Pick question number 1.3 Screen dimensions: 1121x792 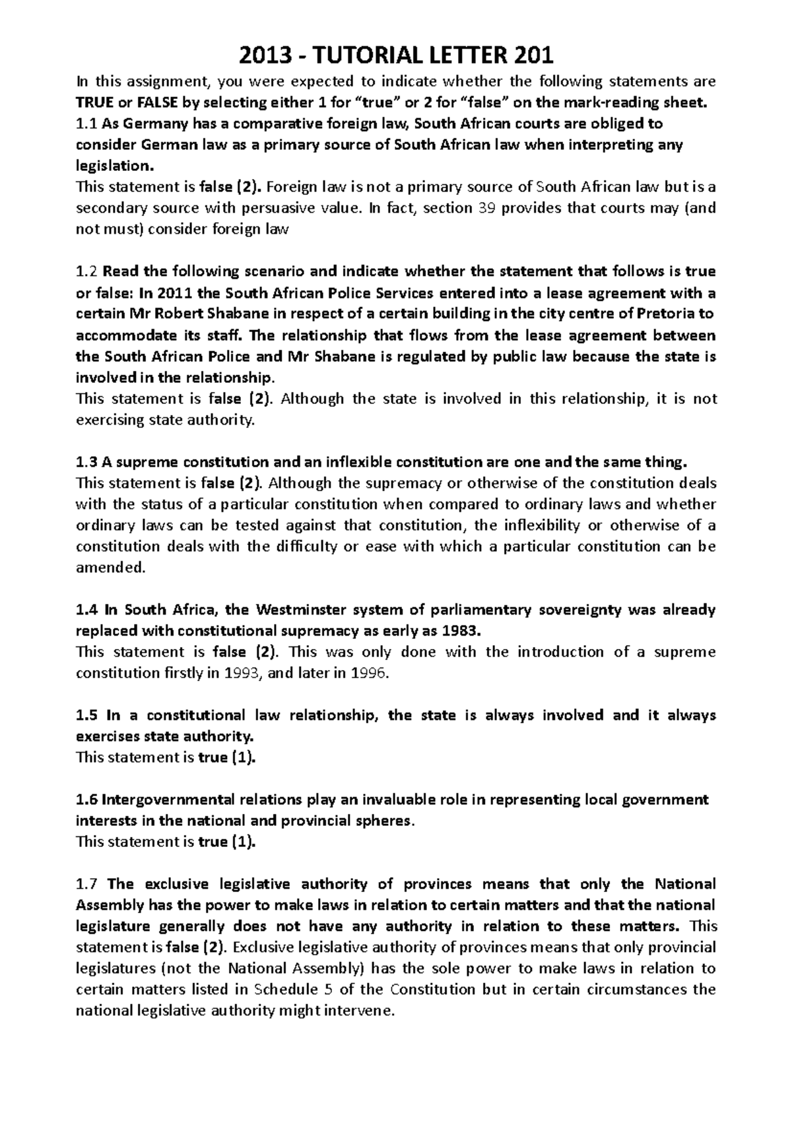tap(87, 461)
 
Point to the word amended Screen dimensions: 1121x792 tap(109, 568)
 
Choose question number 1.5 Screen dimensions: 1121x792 tap(87, 716)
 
